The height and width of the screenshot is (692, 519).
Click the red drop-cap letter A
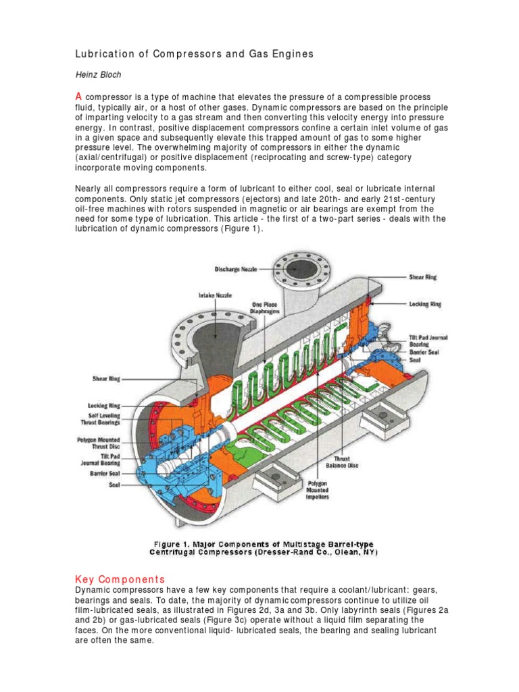click(78, 97)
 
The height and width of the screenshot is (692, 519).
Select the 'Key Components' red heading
click(120, 579)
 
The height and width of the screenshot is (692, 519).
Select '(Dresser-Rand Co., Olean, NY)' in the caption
click(317, 552)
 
